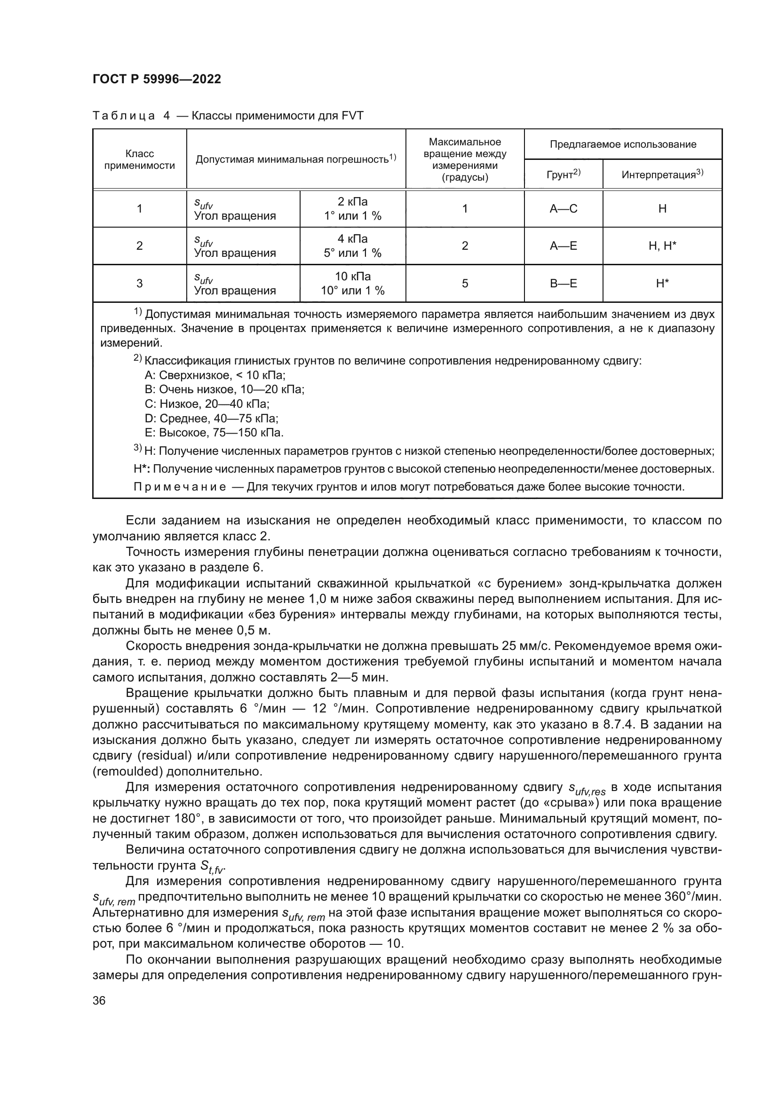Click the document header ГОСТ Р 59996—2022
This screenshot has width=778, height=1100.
click(x=157, y=79)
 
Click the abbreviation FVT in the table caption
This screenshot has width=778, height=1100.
click(x=353, y=116)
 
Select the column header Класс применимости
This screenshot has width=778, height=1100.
click(x=139, y=159)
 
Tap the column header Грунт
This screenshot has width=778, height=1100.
click(x=563, y=174)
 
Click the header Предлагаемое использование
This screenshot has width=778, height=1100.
click(x=623, y=144)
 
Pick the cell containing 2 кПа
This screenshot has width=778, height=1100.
click(x=353, y=202)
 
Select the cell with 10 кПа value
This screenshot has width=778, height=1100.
click(x=353, y=277)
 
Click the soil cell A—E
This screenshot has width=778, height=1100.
click(x=564, y=246)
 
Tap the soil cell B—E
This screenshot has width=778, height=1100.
click(x=564, y=283)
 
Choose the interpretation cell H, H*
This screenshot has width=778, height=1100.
click(x=662, y=246)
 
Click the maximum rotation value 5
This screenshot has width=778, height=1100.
click(x=465, y=283)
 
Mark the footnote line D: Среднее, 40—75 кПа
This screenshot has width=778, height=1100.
click(x=211, y=418)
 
